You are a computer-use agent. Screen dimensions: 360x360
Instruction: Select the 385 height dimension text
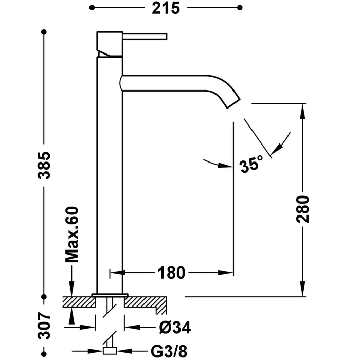[45, 165]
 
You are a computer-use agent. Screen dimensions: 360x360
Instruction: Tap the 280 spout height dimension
[304, 208]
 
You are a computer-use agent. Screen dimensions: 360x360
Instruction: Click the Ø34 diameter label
[165, 327]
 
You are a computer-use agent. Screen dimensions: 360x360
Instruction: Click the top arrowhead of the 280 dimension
[304, 109]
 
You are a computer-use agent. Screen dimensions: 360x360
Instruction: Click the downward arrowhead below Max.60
[72, 290]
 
